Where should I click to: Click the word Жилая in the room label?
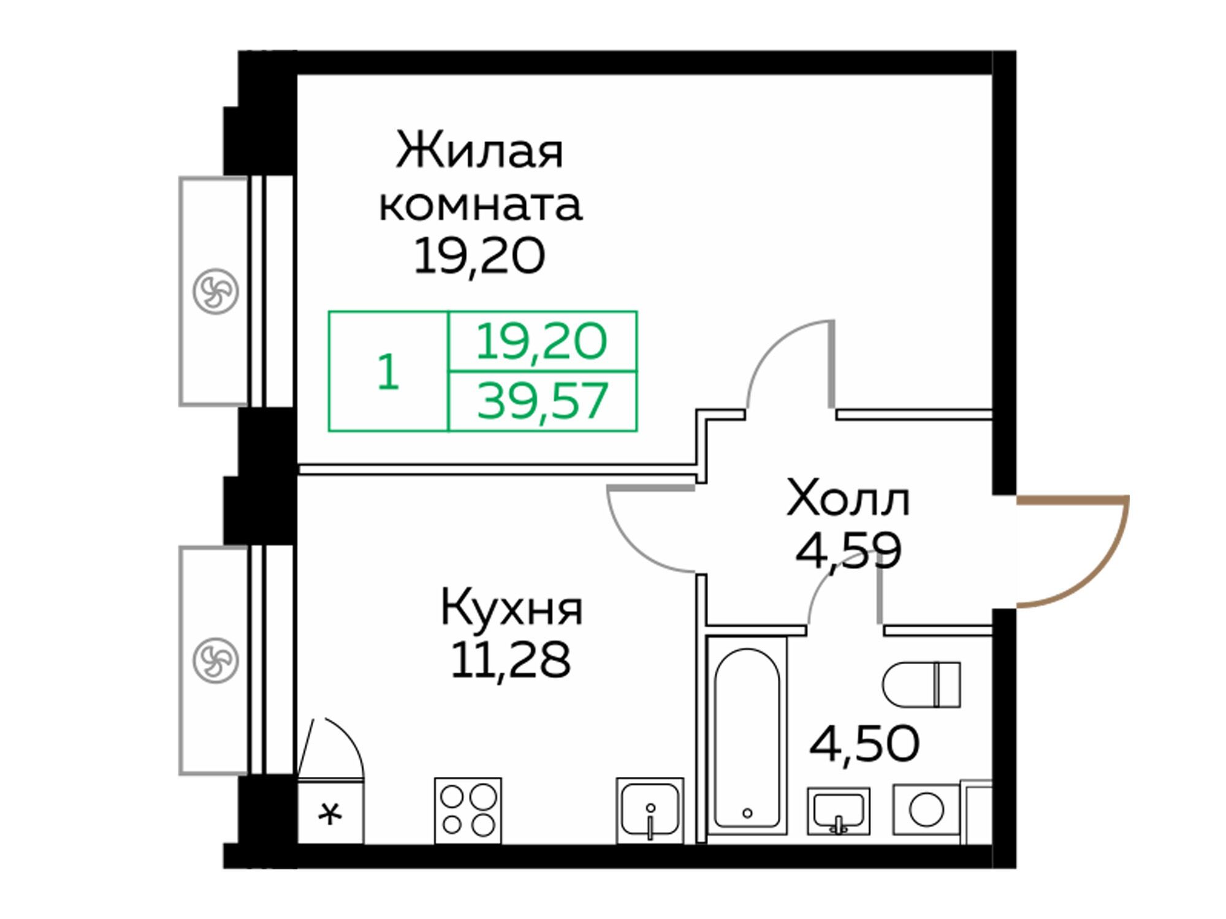pos(479,151)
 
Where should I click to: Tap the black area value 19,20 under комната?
pos(479,257)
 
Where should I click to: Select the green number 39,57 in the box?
pos(543,401)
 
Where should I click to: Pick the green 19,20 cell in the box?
pos(542,341)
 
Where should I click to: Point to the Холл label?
pos(848,499)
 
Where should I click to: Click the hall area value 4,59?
pos(848,551)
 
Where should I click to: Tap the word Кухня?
pos(512,608)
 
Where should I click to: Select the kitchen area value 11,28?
pos(511,660)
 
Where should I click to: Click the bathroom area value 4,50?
pos(864,744)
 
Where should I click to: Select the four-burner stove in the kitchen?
pos(468,810)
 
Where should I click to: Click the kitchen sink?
pos(650,810)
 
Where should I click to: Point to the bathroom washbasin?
pos(839,811)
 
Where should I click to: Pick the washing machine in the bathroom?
pos(926,810)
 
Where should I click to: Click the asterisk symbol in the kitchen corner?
pos(330,814)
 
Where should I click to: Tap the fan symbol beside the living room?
pos(215,292)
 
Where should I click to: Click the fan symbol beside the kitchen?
pos(215,660)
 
